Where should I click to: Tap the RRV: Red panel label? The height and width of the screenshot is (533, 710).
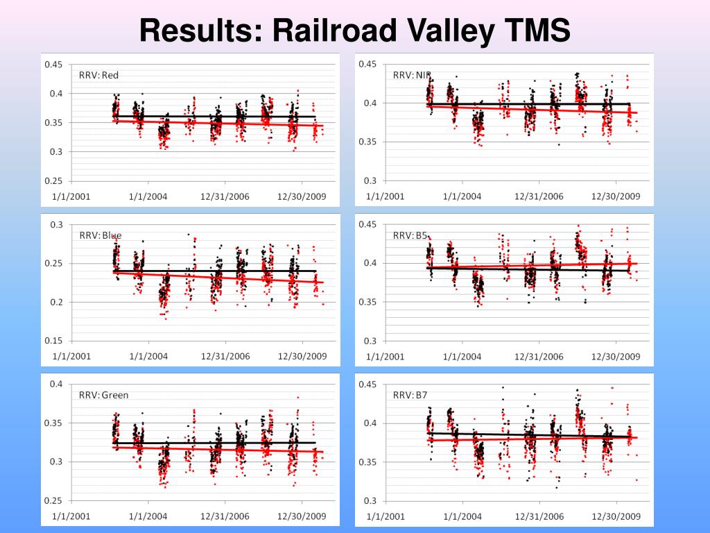(98, 75)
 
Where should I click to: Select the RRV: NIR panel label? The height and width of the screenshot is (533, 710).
(412, 75)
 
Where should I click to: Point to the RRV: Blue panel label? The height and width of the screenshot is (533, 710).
(100, 235)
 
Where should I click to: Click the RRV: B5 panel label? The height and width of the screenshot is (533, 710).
(410, 235)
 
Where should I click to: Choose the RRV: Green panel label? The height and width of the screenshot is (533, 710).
(103, 395)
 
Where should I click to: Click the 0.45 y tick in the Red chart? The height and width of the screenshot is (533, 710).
(53, 65)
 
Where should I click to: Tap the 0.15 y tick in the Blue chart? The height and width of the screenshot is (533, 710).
(53, 341)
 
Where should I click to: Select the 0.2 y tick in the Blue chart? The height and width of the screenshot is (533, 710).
(56, 302)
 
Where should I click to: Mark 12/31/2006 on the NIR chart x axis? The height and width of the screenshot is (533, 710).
(539, 196)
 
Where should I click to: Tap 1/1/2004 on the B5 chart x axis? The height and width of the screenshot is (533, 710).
(461, 356)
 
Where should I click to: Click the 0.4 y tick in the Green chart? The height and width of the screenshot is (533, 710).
(56, 384)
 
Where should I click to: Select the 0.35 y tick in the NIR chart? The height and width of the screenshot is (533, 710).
(367, 142)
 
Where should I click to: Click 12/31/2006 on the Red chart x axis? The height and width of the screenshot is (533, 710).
(225, 196)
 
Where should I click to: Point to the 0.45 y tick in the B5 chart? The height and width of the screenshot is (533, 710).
(367, 224)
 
